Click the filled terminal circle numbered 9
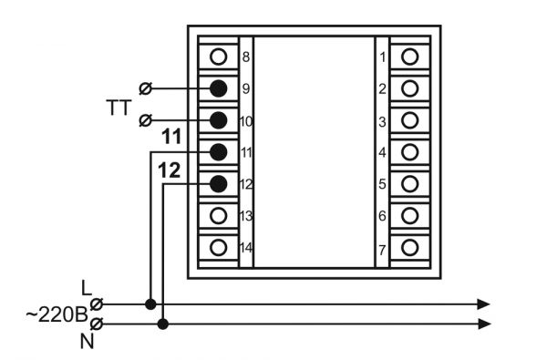[219, 88]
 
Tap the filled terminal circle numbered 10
[219, 120]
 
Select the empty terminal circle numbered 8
[219, 57]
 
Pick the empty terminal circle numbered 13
[219, 216]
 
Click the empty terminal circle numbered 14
[219, 248]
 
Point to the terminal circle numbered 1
[410, 57]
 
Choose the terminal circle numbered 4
[410, 152]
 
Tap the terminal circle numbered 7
[410, 248]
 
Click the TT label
[119, 108]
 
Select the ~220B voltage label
[57, 314]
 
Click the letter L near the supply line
[86, 288]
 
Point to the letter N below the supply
[88, 342]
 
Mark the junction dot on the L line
[150, 304]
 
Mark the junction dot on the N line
[163, 324]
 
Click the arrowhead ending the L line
[483, 304]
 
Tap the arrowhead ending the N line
[484, 324]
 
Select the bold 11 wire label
[171, 137]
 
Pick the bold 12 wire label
[170, 170]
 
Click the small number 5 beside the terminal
[382, 184]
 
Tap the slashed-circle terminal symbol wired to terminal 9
[146, 88]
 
